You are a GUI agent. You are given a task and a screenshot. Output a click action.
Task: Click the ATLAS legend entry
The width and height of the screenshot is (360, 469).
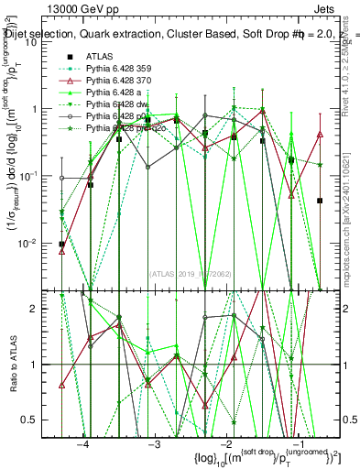(100, 56)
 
